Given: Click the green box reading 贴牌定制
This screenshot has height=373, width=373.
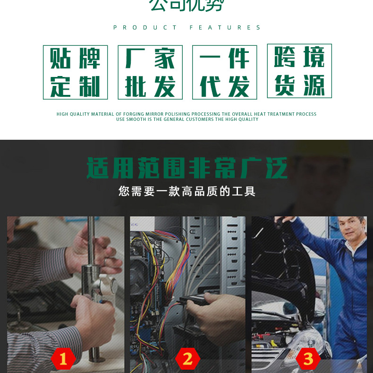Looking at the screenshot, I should (76, 72).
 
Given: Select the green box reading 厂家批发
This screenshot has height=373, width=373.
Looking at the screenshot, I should (150, 72).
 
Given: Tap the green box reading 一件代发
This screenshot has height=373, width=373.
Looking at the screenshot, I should (225, 72).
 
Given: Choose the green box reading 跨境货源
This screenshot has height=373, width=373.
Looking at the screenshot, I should (299, 71).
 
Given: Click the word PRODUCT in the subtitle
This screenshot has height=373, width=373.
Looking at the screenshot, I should (145, 28).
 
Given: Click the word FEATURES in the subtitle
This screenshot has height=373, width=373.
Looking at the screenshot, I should (225, 28).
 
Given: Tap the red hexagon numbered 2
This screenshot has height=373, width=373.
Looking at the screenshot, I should (187, 359).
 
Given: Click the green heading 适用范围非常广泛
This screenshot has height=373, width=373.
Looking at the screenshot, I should (187, 169).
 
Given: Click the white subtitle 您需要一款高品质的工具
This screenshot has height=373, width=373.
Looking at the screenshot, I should (187, 191).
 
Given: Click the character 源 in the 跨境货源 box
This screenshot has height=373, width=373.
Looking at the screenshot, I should (314, 85).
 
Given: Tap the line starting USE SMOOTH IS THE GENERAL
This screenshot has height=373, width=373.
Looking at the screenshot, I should (187, 119).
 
